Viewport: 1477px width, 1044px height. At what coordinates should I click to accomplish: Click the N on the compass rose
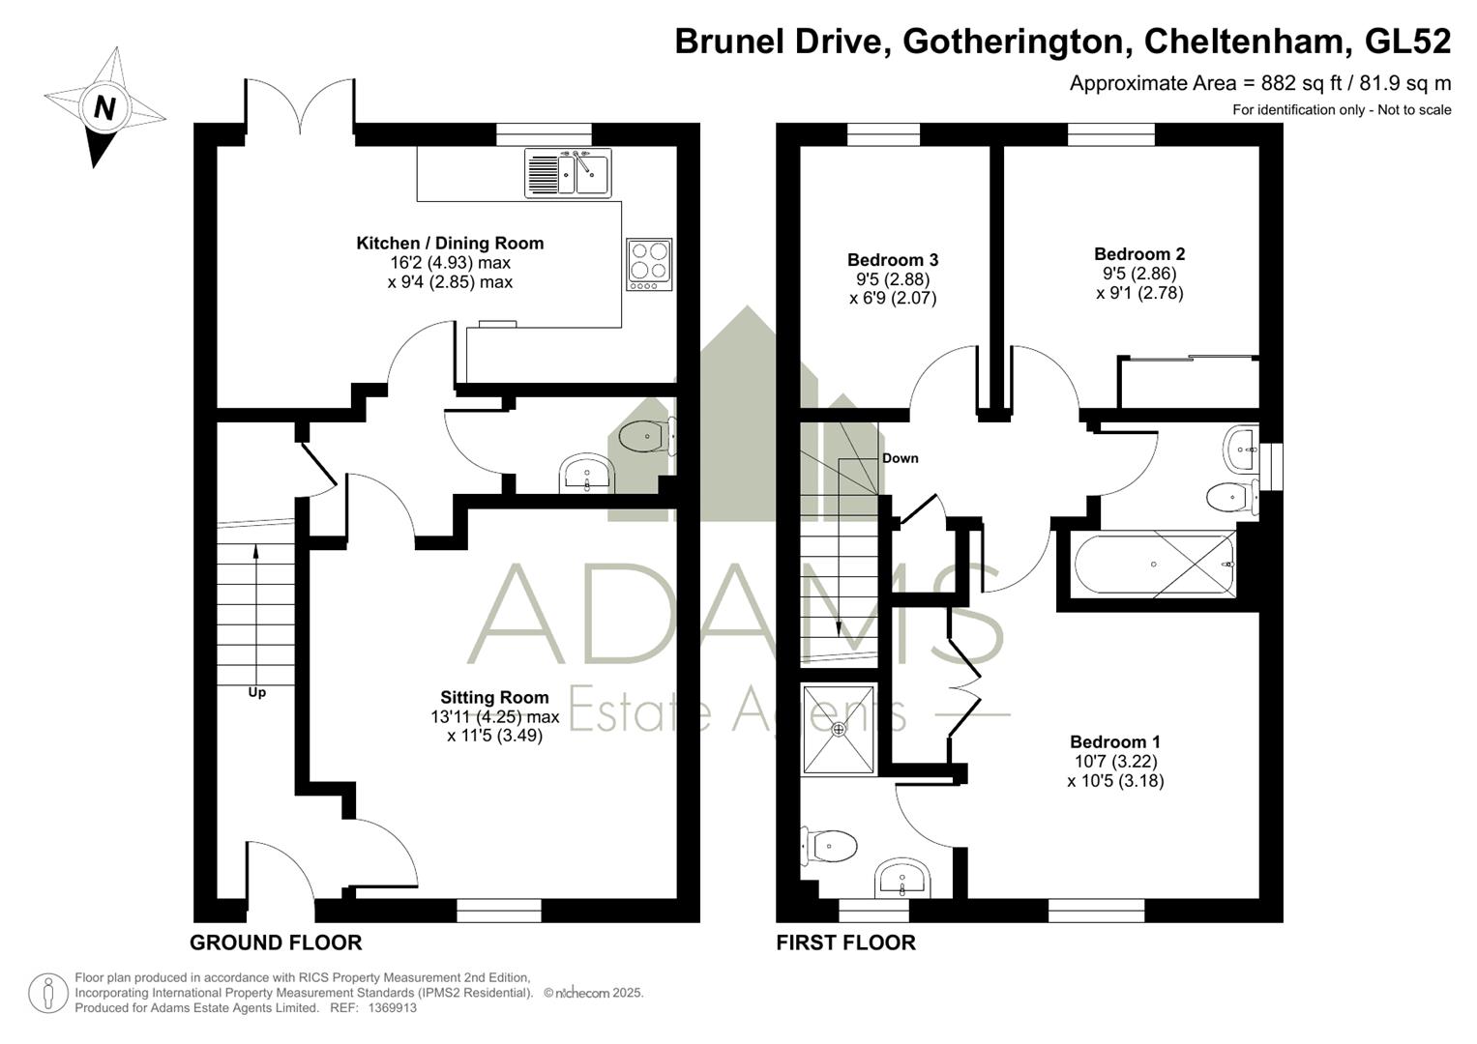point(104,106)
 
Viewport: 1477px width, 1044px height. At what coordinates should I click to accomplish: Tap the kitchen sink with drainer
point(568,173)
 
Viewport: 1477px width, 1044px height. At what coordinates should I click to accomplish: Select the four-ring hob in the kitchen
point(649,264)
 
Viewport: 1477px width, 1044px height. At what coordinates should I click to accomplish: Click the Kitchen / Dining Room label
point(451,244)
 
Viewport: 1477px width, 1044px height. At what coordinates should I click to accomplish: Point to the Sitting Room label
point(494,697)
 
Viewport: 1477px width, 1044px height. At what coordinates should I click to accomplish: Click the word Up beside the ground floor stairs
point(256,693)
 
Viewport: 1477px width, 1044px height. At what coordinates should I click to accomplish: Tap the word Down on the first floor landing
point(901,458)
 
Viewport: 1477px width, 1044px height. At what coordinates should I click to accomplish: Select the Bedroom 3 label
point(893,260)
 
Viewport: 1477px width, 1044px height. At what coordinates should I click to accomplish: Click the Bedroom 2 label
point(1139,253)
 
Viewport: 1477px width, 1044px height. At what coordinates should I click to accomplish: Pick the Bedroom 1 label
point(1115,742)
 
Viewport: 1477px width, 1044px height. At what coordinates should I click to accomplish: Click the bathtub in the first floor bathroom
point(1155,565)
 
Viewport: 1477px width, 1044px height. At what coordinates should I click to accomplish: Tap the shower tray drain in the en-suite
point(839,729)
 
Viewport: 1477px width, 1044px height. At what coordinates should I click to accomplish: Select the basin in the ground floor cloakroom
point(587,474)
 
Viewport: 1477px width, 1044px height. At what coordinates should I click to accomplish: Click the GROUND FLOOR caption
point(276,943)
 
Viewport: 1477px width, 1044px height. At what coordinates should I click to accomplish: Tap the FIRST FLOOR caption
point(846,943)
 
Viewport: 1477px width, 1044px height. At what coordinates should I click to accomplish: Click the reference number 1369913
point(392,1007)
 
